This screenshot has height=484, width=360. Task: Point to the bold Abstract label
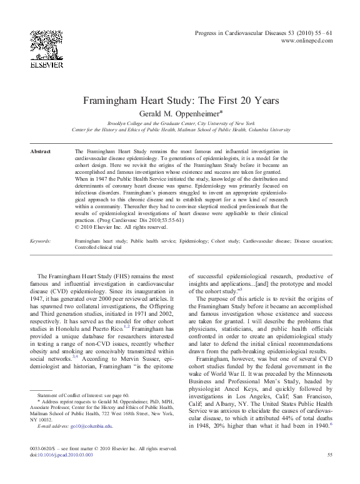click(41, 152)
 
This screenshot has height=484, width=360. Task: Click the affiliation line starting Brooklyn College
click(181, 123)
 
